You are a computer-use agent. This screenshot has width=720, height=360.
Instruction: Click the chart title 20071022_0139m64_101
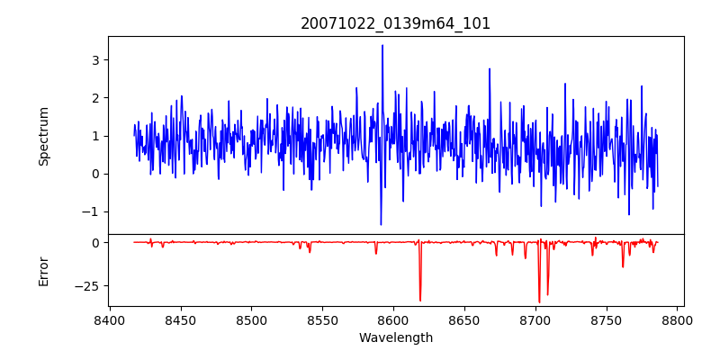tap(395, 23)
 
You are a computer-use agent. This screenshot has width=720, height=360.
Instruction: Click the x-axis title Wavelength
tap(395, 338)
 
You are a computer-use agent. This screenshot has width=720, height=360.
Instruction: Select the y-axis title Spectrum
tap(44, 136)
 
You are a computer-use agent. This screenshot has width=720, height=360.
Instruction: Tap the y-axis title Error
tap(44, 271)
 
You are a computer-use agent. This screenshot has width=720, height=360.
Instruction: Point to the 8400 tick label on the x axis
tap(110, 319)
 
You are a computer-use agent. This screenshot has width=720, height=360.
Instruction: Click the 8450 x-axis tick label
tap(181, 319)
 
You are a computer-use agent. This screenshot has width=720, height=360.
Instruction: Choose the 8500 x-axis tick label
tap(252, 319)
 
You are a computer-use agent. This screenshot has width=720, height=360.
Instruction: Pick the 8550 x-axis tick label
tap(323, 319)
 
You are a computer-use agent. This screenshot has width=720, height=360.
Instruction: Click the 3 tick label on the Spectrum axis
tap(94, 60)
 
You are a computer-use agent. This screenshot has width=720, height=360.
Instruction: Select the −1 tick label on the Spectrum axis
tap(91, 212)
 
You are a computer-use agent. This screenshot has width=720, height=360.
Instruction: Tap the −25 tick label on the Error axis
tap(87, 286)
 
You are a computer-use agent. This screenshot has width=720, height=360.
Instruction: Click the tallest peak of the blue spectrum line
tap(382, 45)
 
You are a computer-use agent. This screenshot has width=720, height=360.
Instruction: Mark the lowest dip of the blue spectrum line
tap(381, 225)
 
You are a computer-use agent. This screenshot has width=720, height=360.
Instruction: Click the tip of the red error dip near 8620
tap(420, 301)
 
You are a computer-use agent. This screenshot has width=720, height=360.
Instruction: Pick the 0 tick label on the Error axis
tap(94, 243)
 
